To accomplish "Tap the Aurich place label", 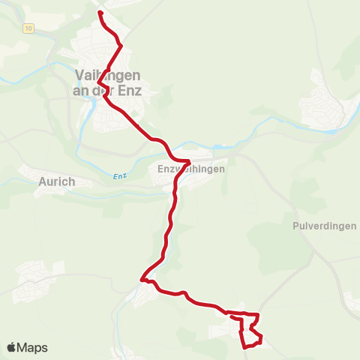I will tap(56, 181).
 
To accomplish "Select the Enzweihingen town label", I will tap(191, 170).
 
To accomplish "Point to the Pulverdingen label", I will tap(320, 225).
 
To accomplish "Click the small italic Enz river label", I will tap(117, 175).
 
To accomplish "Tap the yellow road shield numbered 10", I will tap(28, 28).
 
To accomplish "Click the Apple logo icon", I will tap(12, 348).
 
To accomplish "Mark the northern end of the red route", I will tap(100, 12).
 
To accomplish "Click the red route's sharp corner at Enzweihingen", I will tap(190, 161).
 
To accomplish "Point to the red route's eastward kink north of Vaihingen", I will tap(121, 46).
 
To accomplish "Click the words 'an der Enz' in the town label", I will tap(113, 90).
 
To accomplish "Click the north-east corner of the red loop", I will tap(258, 315).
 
